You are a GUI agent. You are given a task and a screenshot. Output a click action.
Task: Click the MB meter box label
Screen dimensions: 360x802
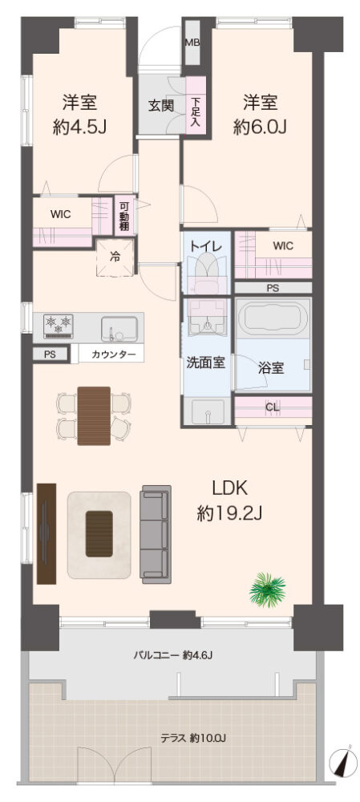192,43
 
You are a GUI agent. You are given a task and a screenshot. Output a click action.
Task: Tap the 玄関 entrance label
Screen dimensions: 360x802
160,107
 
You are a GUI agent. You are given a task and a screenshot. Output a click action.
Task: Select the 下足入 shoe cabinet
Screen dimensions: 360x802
196,107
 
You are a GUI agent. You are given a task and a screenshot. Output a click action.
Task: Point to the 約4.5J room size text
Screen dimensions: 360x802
79,127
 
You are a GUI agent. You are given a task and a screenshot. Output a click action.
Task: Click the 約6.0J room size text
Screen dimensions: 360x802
259,127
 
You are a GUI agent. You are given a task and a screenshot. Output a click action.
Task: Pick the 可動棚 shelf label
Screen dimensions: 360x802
124,215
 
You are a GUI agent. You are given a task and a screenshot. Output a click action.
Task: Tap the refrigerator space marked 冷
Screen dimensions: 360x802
115,257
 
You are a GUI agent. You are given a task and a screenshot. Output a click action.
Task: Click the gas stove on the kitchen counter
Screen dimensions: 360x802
59,326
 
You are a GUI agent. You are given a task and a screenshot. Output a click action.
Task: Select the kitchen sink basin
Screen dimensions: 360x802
119,328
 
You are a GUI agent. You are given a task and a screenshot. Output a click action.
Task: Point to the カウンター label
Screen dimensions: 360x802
111,354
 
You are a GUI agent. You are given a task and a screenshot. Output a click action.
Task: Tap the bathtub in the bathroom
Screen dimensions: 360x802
273,318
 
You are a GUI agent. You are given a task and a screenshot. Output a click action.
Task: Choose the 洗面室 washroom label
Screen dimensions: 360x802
205,363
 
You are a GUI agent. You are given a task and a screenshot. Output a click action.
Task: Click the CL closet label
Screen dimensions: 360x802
273,407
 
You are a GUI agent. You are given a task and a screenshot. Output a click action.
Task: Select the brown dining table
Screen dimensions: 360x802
94,415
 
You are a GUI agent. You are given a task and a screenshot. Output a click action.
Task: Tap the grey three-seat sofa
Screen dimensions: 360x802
156,534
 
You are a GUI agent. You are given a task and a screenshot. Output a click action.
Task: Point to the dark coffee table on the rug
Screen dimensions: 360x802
99,533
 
